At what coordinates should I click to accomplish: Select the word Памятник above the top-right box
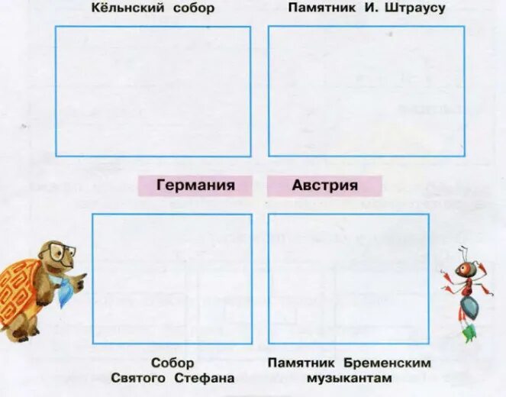click(319, 8)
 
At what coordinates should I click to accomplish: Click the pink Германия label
click(195, 185)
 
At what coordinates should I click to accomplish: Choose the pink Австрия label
click(324, 185)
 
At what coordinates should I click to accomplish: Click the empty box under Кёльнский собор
click(153, 92)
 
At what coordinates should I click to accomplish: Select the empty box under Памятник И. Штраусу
click(366, 92)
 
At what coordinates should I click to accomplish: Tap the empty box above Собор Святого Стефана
click(172, 279)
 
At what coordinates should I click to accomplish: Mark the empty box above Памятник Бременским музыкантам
click(349, 279)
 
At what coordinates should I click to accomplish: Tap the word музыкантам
click(349, 378)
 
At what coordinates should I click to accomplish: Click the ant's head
click(467, 269)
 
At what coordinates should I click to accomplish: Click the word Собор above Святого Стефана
click(172, 363)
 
